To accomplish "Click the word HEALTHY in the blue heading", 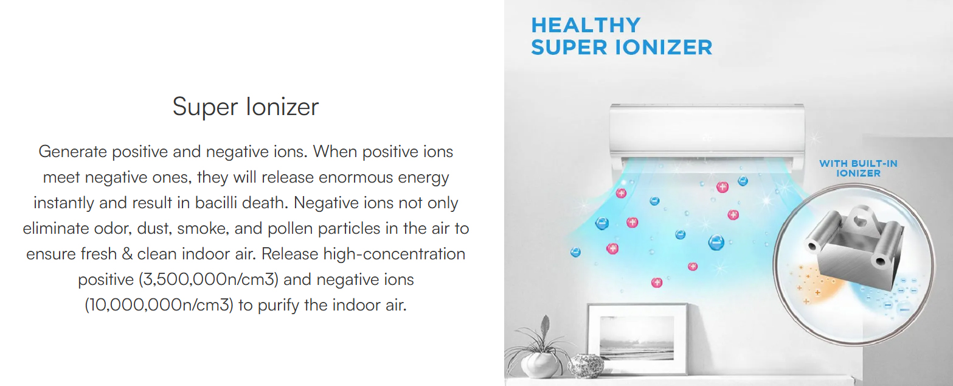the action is [x=586, y=25].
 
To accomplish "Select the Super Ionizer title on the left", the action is [x=246, y=107].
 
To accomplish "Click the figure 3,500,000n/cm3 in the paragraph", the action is [x=209, y=279].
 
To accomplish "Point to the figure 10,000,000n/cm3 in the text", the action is [x=159, y=305].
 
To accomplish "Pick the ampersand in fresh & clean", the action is [x=126, y=254].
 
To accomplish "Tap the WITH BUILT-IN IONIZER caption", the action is [x=858, y=168].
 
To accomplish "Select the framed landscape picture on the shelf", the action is [x=637, y=339].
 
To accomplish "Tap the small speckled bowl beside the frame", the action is [x=586, y=366].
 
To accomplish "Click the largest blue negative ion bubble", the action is [x=716, y=242].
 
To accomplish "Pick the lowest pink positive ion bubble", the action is [x=656, y=282].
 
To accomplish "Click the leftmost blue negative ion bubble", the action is [x=575, y=252].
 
